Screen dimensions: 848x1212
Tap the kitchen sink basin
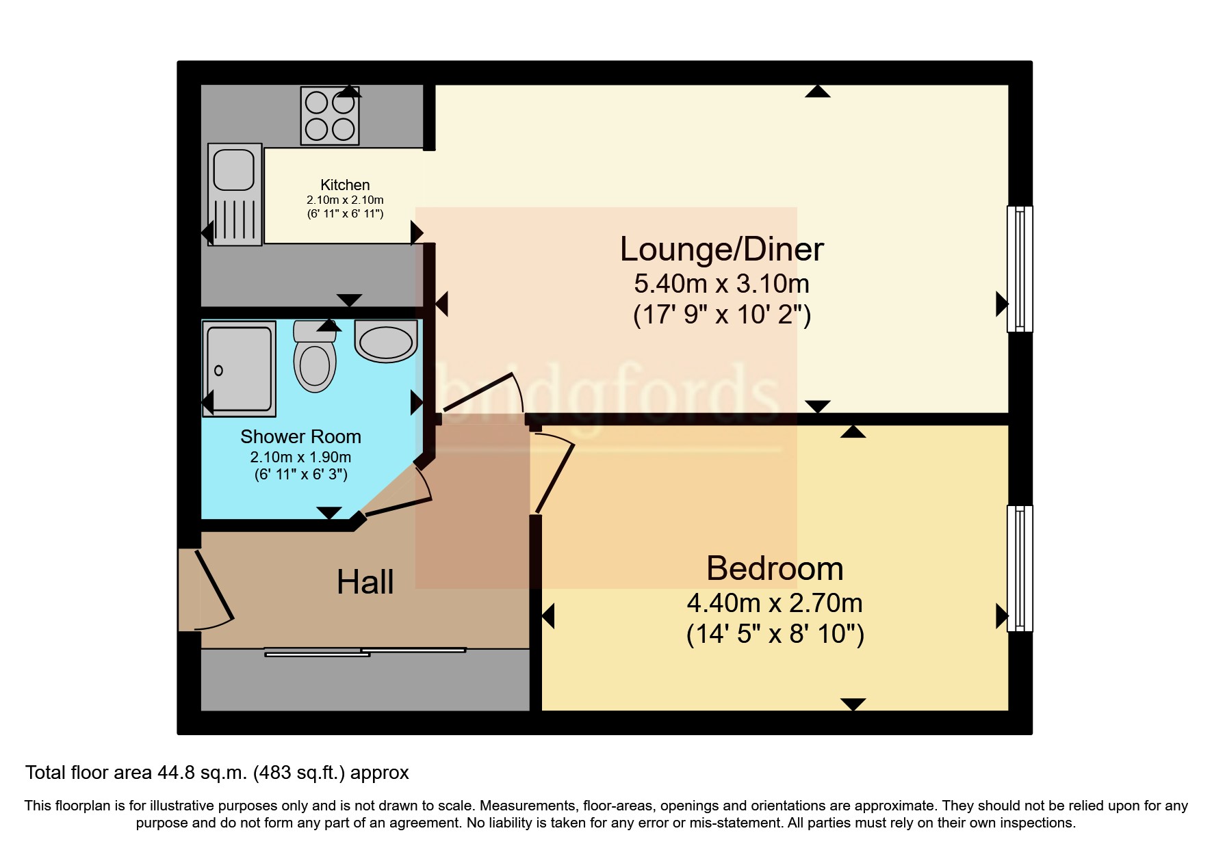pyautogui.click(x=234, y=170)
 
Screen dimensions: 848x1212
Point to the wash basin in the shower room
pyautogui.click(x=386, y=343)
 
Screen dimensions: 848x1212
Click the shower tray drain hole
pyautogui.click(x=218, y=371)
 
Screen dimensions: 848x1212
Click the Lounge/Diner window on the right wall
pyautogui.click(x=1019, y=269)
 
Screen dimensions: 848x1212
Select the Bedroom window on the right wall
pyautogui.click(x=1019, y=568)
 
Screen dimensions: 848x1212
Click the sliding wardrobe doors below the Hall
pyautogui.click(x=365, y=652)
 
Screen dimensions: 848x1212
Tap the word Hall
pyautogui.click(x=365, y=583)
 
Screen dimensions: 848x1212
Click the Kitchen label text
pyautogui.click(x=345, y=185)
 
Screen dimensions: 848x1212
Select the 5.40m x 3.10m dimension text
pyautogui.click(x=721, y=283)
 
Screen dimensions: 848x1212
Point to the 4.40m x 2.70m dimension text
pyautogui.click(x=774, y=603)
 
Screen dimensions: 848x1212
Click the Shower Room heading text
pyautogui.click(x=300, y=436)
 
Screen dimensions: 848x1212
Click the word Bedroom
pyautogui.click(x=774, y=568)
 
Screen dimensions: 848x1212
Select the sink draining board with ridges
pyautogui.click(x=234, y=220)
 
